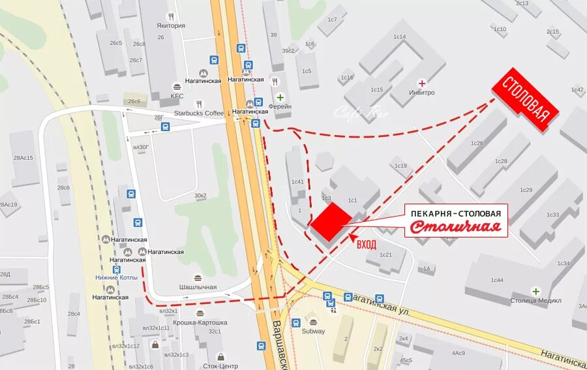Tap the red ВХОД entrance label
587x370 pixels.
click(367, 243)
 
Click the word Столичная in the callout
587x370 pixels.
click(457, 227)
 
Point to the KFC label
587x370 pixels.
click(177, 97)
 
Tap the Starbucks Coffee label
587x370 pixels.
click(198, 113)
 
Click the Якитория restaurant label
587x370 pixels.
click(171, 26)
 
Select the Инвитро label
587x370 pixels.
click(423, 93)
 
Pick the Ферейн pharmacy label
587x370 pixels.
click(280, 106)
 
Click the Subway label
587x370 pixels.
click(313, 331)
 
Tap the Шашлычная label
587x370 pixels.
click(198, 287)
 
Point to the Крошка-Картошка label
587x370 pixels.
click(203, 322)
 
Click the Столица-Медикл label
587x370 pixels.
click(535, 301)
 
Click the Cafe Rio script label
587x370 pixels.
click(361, 112)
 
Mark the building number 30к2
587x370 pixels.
click(200, 195)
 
